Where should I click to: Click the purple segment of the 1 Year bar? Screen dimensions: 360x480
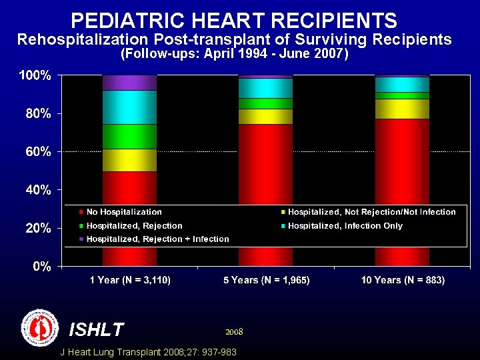[x=129, y=83]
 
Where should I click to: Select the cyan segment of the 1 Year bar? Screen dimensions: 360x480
[x=129, y=107]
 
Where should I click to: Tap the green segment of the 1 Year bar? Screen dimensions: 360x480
[x=129, y=137]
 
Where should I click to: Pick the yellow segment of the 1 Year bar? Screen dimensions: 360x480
[x=129, y=160]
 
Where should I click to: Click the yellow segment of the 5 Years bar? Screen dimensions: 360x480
[x=265, y=117]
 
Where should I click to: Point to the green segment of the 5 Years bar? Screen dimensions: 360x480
[x=265, y=103]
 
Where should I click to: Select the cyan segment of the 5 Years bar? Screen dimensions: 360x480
[x=265, y=88]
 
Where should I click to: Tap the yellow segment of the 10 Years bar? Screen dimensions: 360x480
[x=402, y=109]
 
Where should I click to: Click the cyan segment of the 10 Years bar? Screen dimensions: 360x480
[x=402, y=84]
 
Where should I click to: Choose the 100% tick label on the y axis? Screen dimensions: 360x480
[x=34, y=76]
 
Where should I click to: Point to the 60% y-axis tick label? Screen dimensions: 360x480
[x=37, y=152]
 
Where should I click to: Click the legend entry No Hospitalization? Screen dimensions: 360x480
[x=124, y=212]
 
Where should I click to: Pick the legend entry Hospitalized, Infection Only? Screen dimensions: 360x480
[x=345, y=226]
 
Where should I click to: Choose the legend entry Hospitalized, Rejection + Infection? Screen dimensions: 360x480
[x=157, y=239]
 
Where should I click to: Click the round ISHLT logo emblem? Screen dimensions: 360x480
[x=40, y=327]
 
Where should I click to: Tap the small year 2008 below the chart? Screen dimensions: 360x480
[x=234, y=331]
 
